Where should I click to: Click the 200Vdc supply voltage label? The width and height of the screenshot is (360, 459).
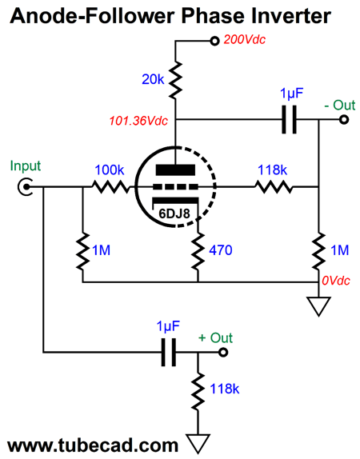(245, 39)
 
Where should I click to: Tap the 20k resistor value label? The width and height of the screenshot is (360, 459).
(153, 79)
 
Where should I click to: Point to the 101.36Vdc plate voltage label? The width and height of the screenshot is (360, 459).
(138, 121)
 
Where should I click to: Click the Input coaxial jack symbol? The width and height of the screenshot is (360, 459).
(26, 186)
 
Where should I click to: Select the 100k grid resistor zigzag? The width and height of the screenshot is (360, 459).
(110, 186)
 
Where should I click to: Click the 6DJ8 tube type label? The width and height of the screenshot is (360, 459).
(174, 214)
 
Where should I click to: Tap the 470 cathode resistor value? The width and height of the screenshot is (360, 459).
(221, 250)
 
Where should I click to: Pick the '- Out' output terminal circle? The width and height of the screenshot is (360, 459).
(344, 119)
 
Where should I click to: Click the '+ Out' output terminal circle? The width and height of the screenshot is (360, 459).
(223, 352)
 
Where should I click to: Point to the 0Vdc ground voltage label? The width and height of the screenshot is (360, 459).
(336, 281)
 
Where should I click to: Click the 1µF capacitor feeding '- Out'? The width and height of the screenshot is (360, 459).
(289, 119)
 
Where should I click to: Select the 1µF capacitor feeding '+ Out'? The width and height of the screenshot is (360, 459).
(169, 352)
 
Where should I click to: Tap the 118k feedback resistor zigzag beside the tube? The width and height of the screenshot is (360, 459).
(274, 186)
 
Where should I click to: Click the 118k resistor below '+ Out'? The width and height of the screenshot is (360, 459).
(198, 391)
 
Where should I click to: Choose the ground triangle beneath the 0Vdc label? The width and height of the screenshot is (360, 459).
(318, 306)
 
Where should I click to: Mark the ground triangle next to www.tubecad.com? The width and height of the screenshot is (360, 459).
(198, 444)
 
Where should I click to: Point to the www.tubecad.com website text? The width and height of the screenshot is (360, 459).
(93, 445)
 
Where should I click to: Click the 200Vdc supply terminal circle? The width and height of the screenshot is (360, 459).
(214, 41)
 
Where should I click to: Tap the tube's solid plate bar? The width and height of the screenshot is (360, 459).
(175, 170)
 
